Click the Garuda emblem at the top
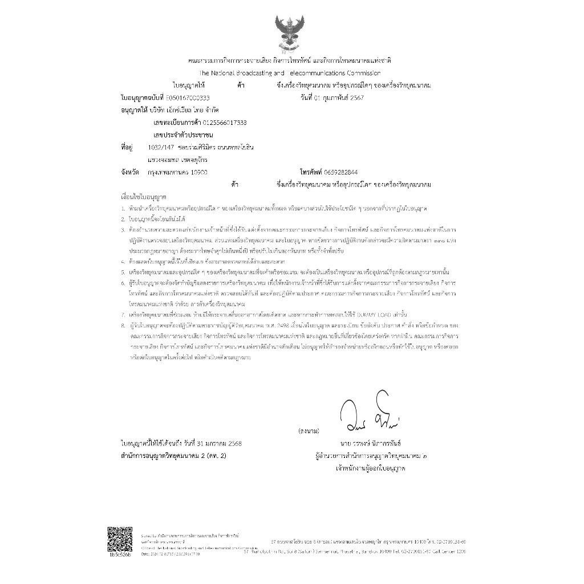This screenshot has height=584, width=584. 291,31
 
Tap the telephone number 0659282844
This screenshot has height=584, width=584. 342,171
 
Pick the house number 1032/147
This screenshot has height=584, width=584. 160,147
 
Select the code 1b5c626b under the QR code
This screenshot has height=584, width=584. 119,554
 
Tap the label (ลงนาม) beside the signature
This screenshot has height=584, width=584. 309,431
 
